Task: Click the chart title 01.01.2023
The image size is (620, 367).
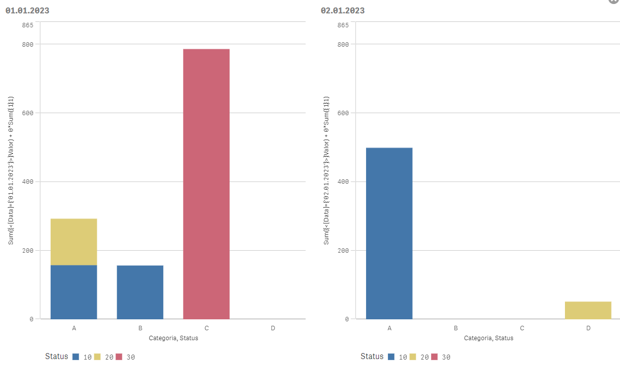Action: (27, 10)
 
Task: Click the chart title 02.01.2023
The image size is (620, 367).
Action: (342, 10)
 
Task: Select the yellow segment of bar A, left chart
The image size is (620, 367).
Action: (74, 242)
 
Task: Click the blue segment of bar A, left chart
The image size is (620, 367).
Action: (74, 292)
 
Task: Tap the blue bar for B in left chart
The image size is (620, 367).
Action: (140, 292)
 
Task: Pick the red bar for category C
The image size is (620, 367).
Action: (206, 184)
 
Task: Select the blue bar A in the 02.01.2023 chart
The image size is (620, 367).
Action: (389, 233)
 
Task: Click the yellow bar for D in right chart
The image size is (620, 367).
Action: (588, 310)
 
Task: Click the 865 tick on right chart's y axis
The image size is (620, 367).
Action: (343, 25)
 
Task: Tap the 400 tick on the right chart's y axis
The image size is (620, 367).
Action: (343, 182)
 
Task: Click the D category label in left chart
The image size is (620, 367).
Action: (273, 328)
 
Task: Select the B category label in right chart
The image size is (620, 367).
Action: (456, 328)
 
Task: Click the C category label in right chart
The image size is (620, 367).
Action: (522, 328)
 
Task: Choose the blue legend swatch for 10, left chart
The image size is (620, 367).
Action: (76, 357)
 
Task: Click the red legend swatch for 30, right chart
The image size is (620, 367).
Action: (434, 357)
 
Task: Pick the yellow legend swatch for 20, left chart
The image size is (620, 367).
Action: (97, 357)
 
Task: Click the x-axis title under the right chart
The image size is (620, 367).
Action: (489, 338)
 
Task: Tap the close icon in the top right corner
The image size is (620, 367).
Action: (614, 1)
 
